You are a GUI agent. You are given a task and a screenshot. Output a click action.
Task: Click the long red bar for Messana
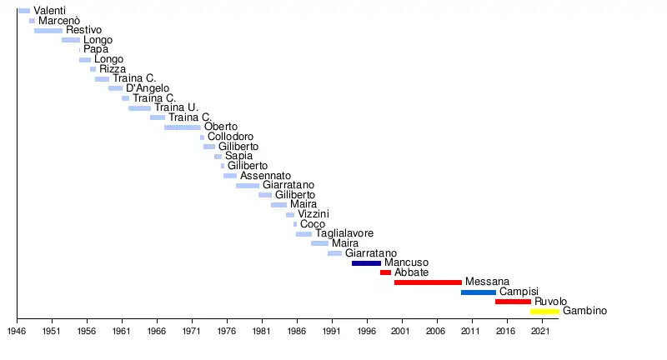pos(428,282)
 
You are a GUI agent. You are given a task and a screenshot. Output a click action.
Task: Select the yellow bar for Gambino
pos(544,312)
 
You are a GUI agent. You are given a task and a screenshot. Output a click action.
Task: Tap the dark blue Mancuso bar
pos(366,263)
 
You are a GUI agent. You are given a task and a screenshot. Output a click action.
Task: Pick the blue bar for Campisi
pos(478,292)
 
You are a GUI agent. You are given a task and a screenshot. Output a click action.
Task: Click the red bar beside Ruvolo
pos(513,302)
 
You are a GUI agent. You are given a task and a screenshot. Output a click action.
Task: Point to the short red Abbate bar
pos(385,272)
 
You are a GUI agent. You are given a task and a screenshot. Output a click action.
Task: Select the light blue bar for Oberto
pos(183,127)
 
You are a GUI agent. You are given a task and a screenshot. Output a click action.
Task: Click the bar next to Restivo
pos(48,31)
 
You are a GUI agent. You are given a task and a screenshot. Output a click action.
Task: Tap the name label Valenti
pos(50,11)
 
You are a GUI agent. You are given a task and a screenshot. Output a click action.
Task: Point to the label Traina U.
pos(176,107)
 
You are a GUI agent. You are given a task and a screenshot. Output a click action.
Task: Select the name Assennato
pos(265,176)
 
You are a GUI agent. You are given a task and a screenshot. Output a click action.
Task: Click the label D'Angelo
pos(148,88)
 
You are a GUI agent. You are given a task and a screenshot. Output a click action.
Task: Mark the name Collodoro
pos(230,137)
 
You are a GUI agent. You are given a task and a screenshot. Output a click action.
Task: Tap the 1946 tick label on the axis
pos(17,331)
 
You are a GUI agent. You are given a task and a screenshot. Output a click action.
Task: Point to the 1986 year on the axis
pos(297,331)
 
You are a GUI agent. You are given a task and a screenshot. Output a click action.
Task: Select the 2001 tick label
pos(402,331)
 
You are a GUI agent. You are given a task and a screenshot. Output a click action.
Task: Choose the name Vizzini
pos(313,214)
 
